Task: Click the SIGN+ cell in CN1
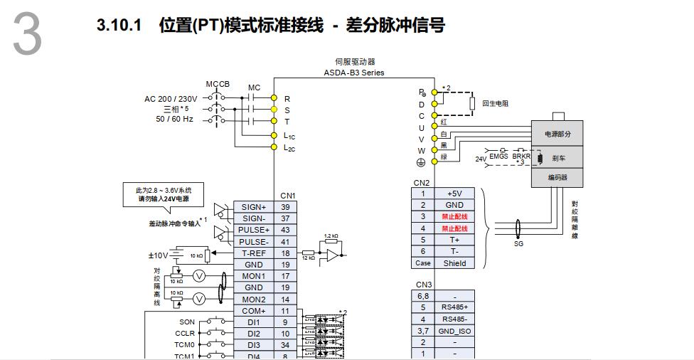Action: click(254, 207)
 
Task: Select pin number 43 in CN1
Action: click(285, 230)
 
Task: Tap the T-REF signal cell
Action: click(254, 253)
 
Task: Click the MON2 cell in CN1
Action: click(254, 300)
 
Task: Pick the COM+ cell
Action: click(254, 311)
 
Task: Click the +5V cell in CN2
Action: click(454, 194)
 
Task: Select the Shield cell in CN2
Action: click(454, 263)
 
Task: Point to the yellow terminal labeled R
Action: click(274, 98)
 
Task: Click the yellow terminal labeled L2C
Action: click(274, 147)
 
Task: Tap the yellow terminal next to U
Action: click(434, 127)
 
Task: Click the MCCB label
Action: click(218, 84)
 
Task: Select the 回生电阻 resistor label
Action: click(496, 104)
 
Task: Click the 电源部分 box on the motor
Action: click(557, 134)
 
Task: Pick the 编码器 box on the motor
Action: click(557, 178)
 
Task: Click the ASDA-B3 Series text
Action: click(354, 73)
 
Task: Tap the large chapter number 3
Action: click(27, 36)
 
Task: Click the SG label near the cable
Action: click(518, 243)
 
